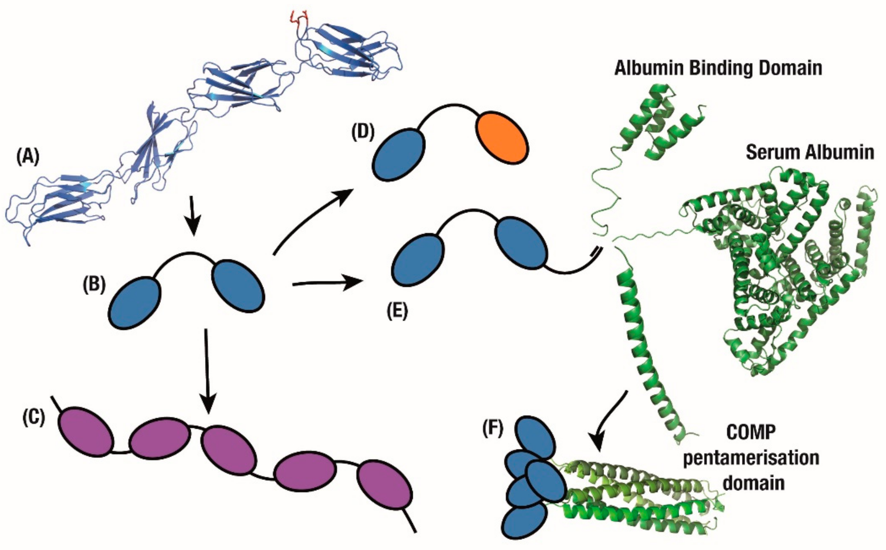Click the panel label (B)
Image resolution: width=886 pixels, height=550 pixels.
coord(94,285)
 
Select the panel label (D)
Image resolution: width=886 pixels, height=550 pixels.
coord(363,133)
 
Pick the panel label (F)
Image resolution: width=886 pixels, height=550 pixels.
coord(493,429)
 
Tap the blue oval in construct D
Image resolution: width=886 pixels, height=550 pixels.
coord(399,154)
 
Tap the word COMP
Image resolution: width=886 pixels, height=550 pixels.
coord(751,433)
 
